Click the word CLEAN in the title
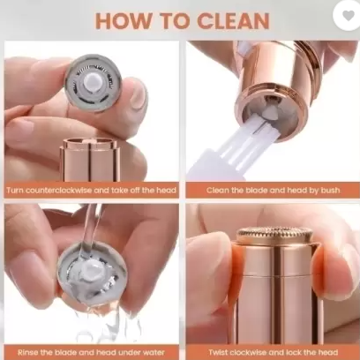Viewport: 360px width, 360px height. click(x=233, y=20)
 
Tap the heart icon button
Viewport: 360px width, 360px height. click(x=349, y=15)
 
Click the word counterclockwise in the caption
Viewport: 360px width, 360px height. click(x=58, y=190)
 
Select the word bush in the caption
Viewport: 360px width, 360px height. click(x=330, y=190)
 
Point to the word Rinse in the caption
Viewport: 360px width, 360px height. click(x=27, y=352)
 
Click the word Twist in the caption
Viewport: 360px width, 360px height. click(x=218, y=352)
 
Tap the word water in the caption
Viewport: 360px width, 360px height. click(x=154, y=352)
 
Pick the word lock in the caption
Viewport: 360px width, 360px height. click(x=296, y=352)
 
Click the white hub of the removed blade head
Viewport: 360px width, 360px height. click(x=93, y=82)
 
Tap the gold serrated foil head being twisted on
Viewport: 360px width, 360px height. click(x=274, y=236)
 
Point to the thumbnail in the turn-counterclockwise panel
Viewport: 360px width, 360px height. click(x=138, y=94)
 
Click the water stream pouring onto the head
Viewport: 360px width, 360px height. click(x=91, y=228)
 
